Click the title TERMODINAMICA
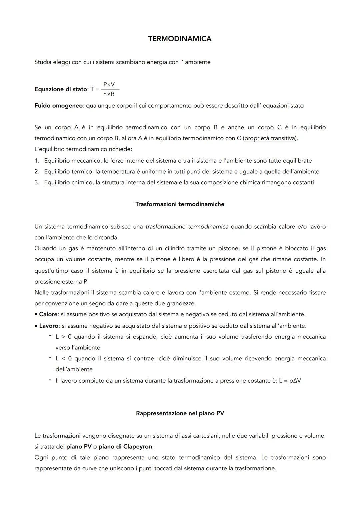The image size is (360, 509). coord(180,39)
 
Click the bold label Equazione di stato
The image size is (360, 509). coord(60,89)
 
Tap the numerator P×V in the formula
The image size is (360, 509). coord(109,84)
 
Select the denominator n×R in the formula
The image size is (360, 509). coord(109,94)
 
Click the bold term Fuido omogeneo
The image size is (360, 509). coord(59,106)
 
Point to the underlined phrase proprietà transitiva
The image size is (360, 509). coord(270,138)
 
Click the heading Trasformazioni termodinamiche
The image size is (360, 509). coord(180,204)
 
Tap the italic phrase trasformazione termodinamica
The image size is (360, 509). coord(187,227)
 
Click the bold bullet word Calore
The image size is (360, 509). coord(48,314)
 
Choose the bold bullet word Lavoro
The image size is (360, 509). coord(49,326)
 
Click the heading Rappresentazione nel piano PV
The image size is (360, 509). coord(180,413)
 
